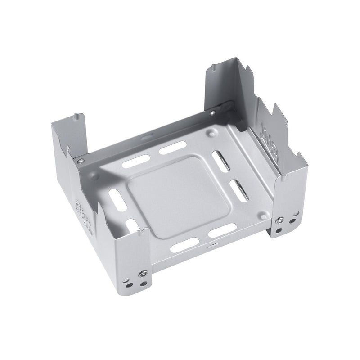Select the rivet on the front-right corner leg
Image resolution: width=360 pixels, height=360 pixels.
(x=280, y=220)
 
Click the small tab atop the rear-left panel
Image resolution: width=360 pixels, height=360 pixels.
(x=75, y=118)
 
